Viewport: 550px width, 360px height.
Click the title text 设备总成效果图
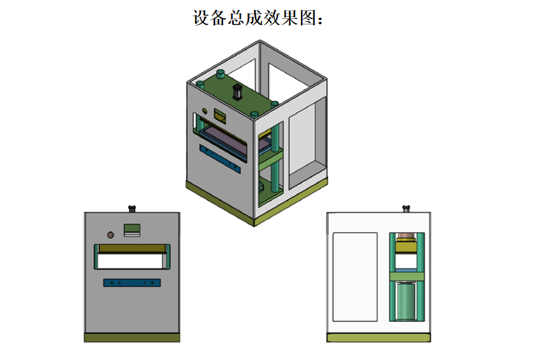(259, 18)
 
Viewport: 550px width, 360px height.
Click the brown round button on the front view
(111, 235)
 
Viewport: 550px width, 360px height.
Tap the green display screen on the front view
(132, 229)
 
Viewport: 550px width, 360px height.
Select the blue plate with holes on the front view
(132, 282)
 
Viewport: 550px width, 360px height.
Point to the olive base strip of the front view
(132, 337)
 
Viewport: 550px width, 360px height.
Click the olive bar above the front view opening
(132, 247)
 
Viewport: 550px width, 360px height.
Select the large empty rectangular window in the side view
(355, 276)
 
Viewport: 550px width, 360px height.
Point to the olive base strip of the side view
(378, 337)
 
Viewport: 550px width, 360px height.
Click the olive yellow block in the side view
(406, 246)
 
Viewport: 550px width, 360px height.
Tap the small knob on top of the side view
(406, 207)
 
